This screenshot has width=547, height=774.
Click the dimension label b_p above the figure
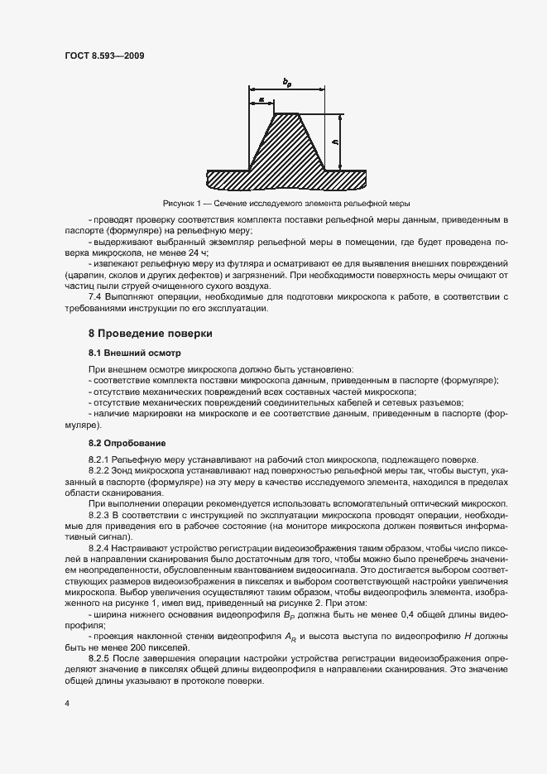coord(286,81)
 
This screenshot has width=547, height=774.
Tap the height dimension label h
coord(334,142)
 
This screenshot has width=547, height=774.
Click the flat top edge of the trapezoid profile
coord(286,114)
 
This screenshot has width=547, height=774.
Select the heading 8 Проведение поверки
coord(151,334)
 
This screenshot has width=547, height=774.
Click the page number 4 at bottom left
coord(67,704)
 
